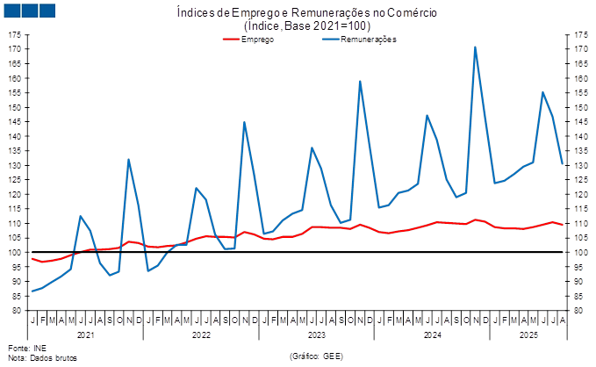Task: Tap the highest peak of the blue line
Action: tap(475, 47)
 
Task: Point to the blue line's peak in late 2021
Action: tap(129, 159)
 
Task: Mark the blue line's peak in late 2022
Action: tap(244, 122)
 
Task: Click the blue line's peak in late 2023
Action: tap(360, 82)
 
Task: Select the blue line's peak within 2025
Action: tap(543, 92)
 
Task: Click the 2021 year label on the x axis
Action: tap(86, 335)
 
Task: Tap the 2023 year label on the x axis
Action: tap(316, 335)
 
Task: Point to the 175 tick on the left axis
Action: tap(17, 35)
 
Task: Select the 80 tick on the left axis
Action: tap(17, 310)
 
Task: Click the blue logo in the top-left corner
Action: tap(29, 11)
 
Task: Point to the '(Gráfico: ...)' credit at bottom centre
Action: tap(315, 355)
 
